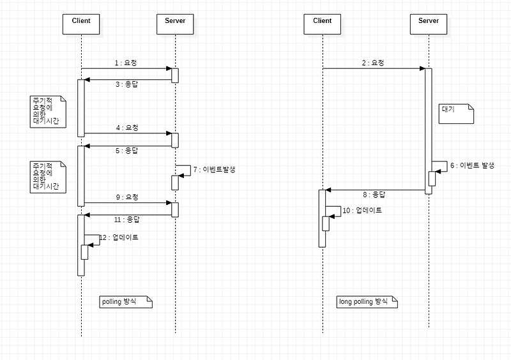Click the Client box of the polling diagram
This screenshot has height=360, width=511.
coord(81,22)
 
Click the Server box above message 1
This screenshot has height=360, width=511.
coord(175,22)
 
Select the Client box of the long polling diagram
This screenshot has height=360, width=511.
coord(323,22)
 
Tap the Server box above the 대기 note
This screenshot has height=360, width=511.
coord(429,22)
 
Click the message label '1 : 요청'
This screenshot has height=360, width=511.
coord(126,63)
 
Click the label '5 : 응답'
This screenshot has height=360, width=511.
coord(127,151)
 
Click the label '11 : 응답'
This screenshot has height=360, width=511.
coord(125,220)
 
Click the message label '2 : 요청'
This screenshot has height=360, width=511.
coord(373,63)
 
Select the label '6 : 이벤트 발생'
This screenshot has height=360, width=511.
coord(473,165)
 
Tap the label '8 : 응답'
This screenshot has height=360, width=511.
coord(374,194)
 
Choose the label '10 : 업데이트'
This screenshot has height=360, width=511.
coord(362,210)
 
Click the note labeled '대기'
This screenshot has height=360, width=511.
coord(456,113)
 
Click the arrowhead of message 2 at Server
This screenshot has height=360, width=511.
coord(422,68)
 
